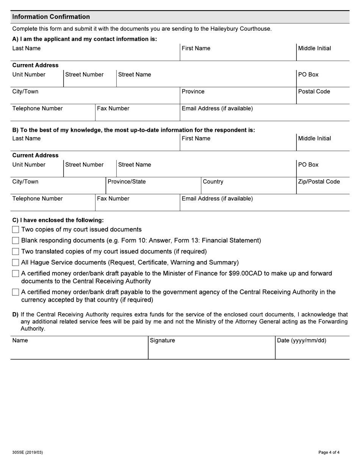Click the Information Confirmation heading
coord(51,17)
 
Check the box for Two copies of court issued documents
coord(16,230)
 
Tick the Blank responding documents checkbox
coord(16,241)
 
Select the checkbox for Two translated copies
coord(16,252)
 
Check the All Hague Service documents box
coord(16,263)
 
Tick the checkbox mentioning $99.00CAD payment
coord(16,274)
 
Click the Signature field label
coord(163,340)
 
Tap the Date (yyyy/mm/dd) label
coord(302,340)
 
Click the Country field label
coord(213,181)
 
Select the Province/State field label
coord(127,181)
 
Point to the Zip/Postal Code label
coord(319,181)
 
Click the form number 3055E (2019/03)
coord(27,452)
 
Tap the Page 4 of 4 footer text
coord(329,452)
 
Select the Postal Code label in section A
coord(314,91)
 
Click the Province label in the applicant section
coord(193,91)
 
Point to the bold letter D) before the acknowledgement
coord(15,314)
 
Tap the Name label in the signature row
coord(20,340)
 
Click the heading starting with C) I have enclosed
coord(58,220)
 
